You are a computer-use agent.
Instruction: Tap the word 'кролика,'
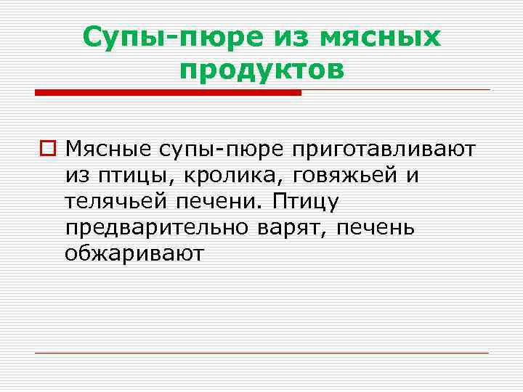coord(211,176)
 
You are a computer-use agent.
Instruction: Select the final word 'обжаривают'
coord(134,254)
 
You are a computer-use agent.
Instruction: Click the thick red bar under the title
coord(168,93)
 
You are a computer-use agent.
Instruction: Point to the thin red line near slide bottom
coord(261,353)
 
